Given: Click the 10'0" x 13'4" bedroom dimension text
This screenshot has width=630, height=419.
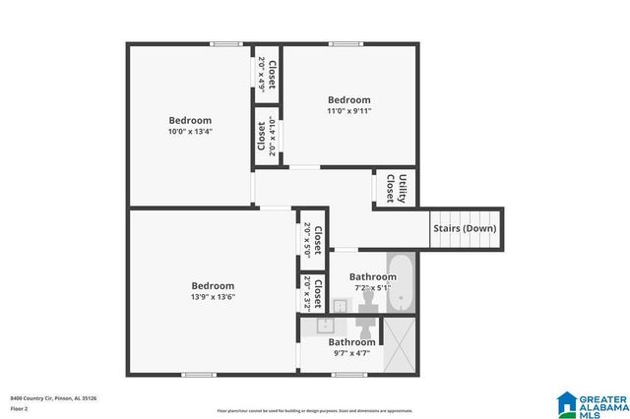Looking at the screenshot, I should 189,132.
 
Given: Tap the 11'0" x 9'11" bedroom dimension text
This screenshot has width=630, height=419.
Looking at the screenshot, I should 348,111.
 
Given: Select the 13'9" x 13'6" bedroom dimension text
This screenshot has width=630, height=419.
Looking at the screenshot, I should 213,297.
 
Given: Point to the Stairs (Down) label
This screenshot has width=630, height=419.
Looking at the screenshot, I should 465,229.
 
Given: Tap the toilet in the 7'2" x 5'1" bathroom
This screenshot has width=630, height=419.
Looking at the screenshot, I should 367,296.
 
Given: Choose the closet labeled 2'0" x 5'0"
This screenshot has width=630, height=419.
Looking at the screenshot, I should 312,238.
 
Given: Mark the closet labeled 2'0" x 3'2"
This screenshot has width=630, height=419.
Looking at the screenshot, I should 312,293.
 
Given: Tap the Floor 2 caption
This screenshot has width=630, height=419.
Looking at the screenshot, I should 20,408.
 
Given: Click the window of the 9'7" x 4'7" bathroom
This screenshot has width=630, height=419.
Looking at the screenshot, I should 348,374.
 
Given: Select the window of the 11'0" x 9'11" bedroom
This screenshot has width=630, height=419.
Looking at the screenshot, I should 345,43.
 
